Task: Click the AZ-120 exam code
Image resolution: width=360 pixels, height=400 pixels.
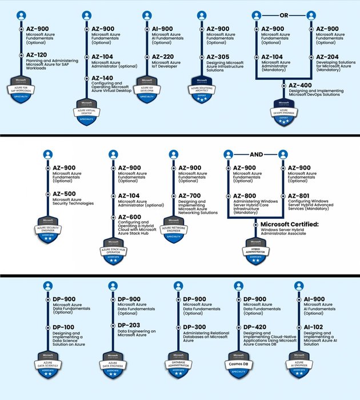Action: tap(37, 54)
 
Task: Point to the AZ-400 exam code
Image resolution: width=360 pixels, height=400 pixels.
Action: tap(299, 84)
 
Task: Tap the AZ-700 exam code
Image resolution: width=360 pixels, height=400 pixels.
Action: tap(190, 194)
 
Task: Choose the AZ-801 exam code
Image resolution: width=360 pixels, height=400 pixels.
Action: tap(299, 197)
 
